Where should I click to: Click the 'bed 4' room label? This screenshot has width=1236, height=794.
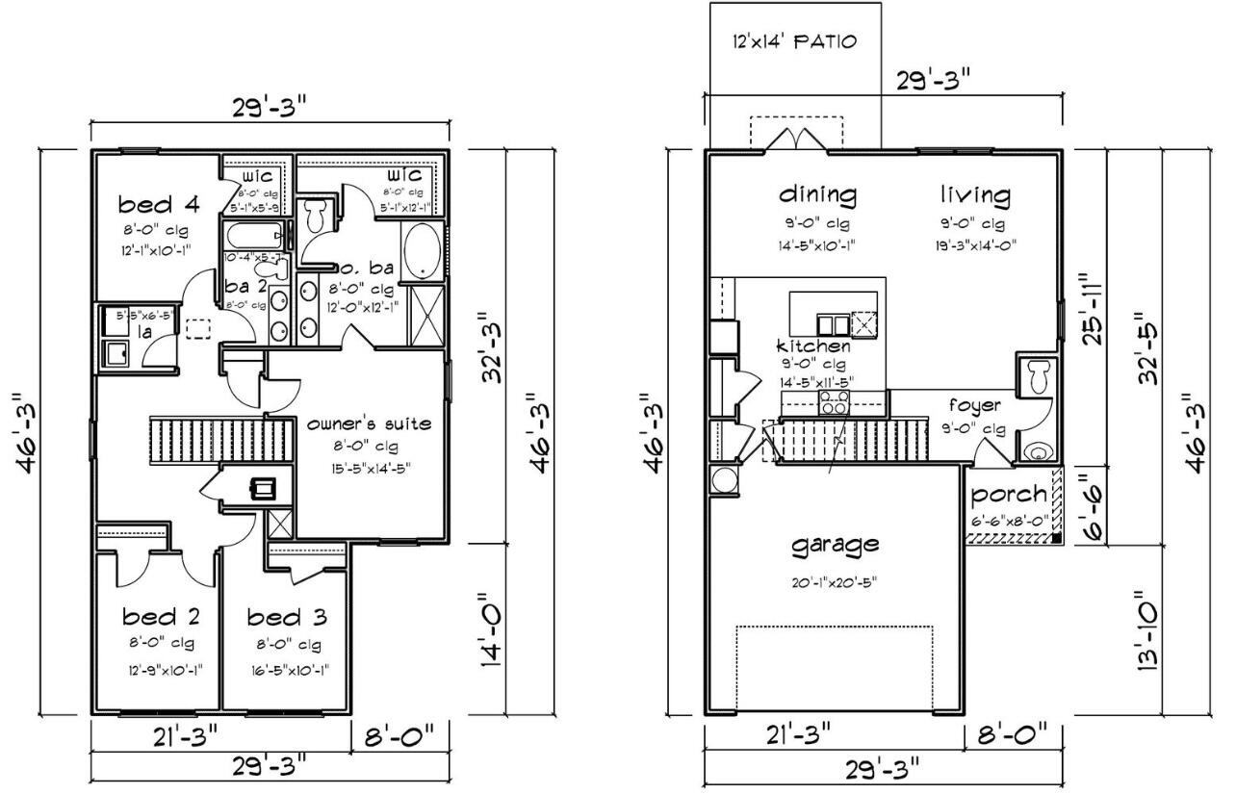[158, 204]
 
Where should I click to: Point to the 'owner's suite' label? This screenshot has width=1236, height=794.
[369, 423]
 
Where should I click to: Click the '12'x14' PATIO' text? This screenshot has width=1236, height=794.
[794, 42]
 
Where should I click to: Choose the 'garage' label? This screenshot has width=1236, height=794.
[835, 545]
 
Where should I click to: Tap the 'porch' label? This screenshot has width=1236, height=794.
[1009, 495]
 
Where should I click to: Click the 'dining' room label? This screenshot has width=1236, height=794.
[817, 195]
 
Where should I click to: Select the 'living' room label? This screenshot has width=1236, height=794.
[975, 195]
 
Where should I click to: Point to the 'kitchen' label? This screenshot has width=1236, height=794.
[813, 346]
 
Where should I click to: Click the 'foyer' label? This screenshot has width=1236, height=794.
[974, 405]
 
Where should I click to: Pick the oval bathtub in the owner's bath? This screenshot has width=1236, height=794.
[421, 251]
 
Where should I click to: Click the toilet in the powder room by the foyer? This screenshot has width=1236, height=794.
[1038, 376]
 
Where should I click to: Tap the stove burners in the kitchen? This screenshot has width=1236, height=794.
[833, 400]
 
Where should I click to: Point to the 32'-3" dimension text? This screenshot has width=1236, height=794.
[493, 346]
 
